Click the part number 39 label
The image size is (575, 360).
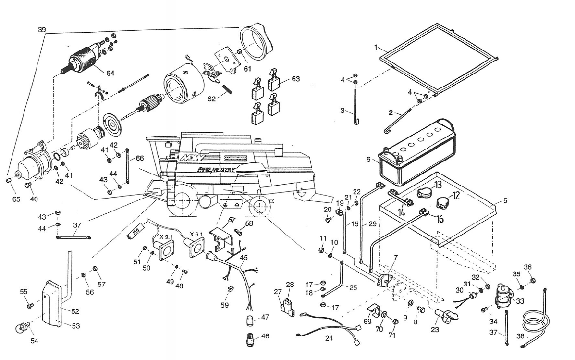42,30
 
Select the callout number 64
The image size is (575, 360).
110,73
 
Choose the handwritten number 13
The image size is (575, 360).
438,185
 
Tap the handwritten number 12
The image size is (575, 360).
456,195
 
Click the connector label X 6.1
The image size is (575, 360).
197,234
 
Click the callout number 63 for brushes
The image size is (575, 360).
295,78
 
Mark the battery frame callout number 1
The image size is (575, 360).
378,47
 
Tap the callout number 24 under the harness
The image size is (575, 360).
329,338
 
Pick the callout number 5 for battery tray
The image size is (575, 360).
505,201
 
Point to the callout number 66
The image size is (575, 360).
139,158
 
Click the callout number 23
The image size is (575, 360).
435,330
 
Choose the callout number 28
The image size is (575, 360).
289,285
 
